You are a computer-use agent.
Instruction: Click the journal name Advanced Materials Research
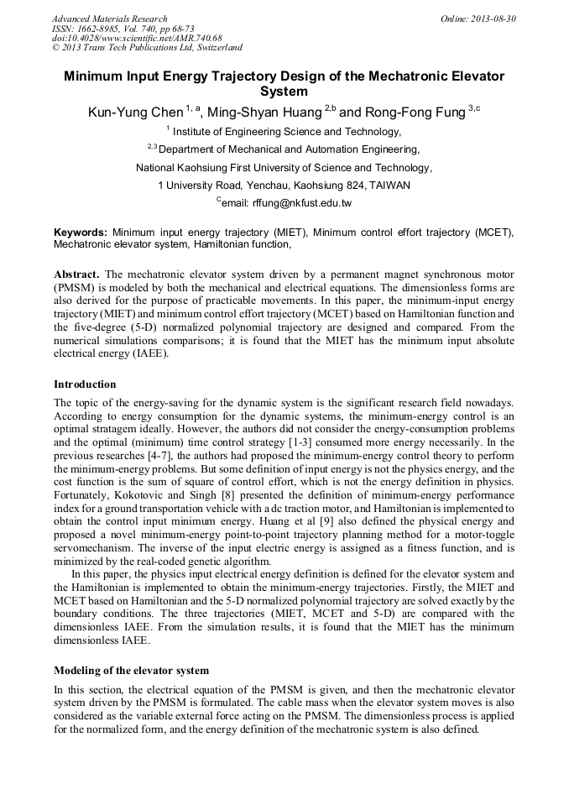[109, 18]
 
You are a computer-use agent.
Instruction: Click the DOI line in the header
[137, 39]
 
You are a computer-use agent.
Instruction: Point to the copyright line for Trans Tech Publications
[147, 49]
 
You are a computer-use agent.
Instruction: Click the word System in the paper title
[284, 91]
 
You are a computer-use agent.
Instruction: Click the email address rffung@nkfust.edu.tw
[300, 203]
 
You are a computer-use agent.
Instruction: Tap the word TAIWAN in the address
[390, 186]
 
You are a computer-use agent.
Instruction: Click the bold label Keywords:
[81, 232]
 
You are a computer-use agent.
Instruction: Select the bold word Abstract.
[78, 274]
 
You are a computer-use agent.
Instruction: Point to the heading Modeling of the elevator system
[131, 670]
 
